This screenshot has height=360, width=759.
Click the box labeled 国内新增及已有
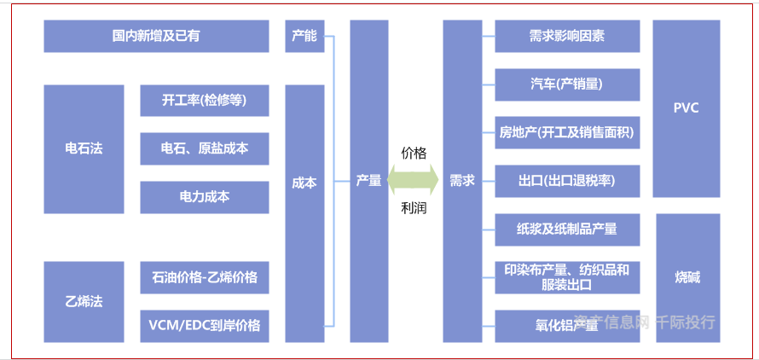pos(156,37)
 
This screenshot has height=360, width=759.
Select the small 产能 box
pos(304,37)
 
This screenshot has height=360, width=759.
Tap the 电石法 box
pos(84,148)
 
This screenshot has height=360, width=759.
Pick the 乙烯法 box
pos(84,301)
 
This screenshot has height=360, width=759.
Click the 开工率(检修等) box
pos(205,101)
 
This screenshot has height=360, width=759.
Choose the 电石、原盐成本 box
pos(205,148)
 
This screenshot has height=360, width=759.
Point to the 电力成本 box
pos(205,197)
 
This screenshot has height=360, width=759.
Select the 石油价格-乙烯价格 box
pos(205,277)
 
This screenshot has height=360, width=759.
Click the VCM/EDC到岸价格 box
pos(205,325)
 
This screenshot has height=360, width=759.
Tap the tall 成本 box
pos(304,182)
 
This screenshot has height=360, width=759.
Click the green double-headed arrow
pos(414,181)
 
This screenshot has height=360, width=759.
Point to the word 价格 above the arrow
pos(414,153)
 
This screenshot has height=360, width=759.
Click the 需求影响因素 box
pos(567,37)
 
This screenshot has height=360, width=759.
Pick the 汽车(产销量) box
pos(567,84)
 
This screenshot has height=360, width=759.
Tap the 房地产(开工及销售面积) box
pos(567,133)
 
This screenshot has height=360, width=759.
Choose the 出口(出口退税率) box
pos(567,181)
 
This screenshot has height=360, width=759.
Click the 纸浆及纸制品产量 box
pos(567,229)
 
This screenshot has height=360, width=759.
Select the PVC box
pos(686,108)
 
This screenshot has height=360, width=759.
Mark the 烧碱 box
pos(687,277)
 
